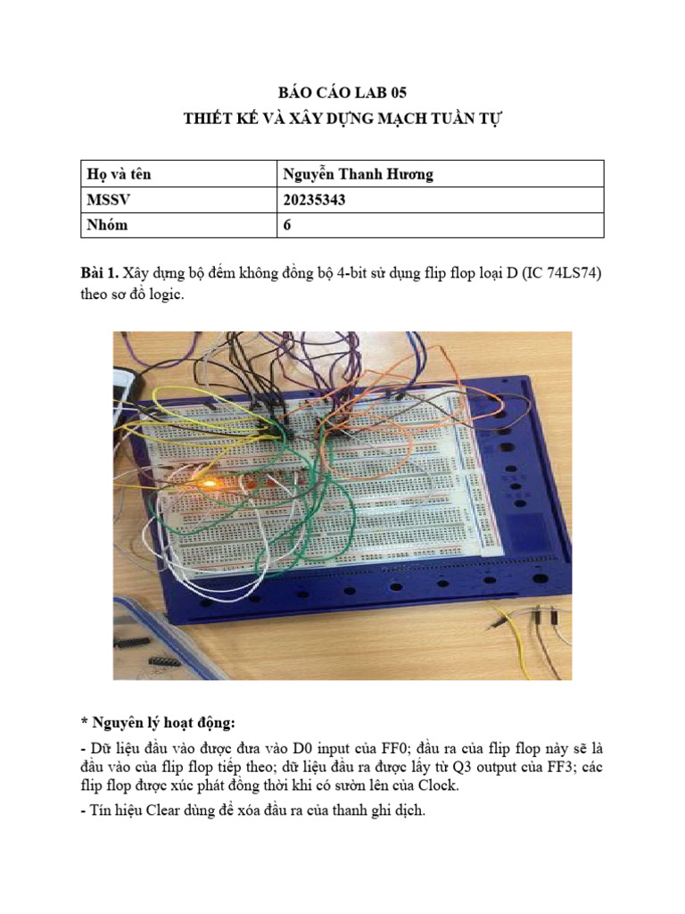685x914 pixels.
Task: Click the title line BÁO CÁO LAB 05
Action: pos(342,92)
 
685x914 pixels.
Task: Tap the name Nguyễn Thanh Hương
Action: pos(358,175)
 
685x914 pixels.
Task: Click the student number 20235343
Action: pos(314,200)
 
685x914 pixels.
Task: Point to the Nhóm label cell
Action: pos(107,225)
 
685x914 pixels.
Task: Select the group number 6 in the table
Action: pos(287,225)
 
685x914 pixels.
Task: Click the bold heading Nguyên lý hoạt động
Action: pos(160,722)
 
